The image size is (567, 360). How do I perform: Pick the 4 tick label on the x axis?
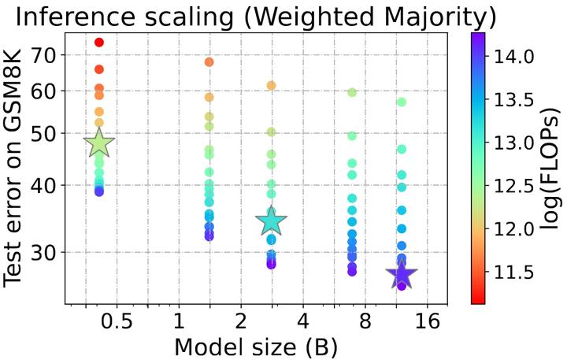click(302, 321)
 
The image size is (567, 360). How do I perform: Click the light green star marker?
click(99, 143)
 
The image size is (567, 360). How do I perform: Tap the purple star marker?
click(402, 274)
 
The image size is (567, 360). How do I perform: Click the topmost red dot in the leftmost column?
click(99, 42)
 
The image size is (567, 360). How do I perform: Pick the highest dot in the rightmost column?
click(402, 102)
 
